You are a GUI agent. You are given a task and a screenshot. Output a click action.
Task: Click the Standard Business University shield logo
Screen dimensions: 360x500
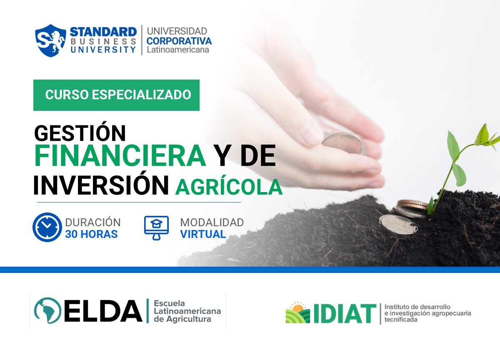[x=50, y=40]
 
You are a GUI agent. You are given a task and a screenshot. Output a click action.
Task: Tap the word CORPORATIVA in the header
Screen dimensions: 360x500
[x=179, y=41]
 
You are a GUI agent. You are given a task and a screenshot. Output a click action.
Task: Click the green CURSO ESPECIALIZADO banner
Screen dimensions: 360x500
[x=116, y=95]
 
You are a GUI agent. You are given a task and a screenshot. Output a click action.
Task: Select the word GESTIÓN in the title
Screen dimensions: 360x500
[x=80, y=133]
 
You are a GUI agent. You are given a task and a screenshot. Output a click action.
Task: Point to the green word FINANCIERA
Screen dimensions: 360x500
[x=120, y=156]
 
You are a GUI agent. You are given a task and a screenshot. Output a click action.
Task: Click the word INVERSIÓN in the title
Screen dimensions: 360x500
[x=101, y=185]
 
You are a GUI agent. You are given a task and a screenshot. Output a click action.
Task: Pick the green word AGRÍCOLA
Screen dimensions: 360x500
[x=229, y=187]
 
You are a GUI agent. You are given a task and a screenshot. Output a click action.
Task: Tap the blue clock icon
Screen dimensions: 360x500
[x=47, y=227]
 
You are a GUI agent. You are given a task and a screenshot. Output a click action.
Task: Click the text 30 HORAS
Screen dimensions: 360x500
[x=91, y=234]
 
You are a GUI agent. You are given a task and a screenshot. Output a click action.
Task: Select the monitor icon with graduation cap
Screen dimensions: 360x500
[x=156, y=227]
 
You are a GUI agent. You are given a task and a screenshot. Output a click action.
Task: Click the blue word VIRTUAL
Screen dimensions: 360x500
[x=203, y=234]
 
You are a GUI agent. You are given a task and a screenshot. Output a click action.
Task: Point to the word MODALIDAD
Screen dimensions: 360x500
[x=212, y=222]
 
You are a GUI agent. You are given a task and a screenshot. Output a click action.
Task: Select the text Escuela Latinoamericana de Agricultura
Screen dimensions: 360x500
[x=187, y=311]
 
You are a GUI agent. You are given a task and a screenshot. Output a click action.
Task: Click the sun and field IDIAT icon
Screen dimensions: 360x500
[x=297, y=313]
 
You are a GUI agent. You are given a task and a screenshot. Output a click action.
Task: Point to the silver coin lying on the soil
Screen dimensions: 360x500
[x=398, y=224]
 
